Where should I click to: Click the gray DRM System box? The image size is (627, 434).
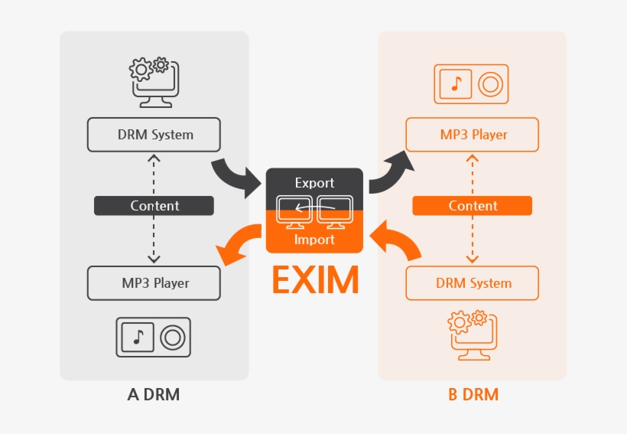154,135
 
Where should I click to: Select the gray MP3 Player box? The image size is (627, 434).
154,283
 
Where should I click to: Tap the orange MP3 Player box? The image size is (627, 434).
472,135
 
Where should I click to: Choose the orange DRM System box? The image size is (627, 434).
472,283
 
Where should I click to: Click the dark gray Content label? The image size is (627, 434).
154,206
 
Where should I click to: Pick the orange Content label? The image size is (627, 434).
472,206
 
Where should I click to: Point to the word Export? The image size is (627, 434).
314,183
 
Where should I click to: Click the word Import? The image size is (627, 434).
314,240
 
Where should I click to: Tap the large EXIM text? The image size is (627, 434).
315,281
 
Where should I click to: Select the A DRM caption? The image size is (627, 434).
154,395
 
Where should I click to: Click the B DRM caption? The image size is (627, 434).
473,395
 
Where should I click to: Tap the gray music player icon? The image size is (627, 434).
154,337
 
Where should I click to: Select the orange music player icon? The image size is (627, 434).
472,84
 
